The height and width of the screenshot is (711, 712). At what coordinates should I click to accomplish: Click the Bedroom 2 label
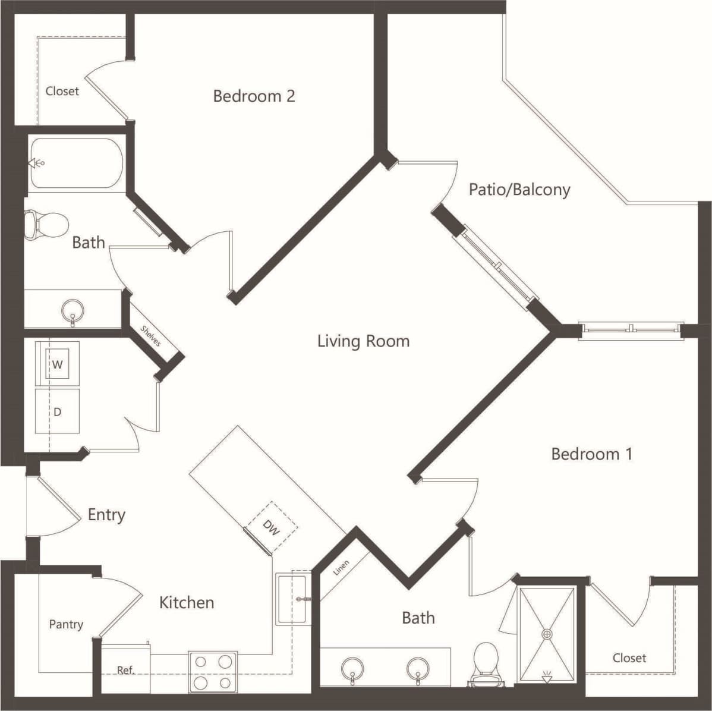254,96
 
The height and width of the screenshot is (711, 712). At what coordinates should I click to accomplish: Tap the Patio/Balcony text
519,190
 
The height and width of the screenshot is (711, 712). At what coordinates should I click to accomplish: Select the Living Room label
363,341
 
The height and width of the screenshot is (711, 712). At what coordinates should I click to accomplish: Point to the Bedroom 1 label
591,454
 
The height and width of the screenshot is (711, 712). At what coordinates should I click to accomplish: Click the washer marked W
58,364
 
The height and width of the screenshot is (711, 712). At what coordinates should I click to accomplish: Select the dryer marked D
58,411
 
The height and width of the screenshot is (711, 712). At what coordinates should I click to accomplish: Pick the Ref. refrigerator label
125,670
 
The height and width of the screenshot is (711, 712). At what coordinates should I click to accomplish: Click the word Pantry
66,624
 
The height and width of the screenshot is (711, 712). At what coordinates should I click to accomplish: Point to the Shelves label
150,336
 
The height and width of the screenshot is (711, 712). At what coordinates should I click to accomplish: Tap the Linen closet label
341,568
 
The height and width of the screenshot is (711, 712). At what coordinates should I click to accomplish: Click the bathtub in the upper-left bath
76,163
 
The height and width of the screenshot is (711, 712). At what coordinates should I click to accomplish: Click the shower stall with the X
547,634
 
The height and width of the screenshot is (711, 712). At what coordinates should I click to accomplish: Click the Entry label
106,514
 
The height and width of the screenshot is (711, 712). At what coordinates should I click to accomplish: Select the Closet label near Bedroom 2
62,91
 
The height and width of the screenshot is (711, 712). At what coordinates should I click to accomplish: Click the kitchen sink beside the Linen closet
292,599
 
